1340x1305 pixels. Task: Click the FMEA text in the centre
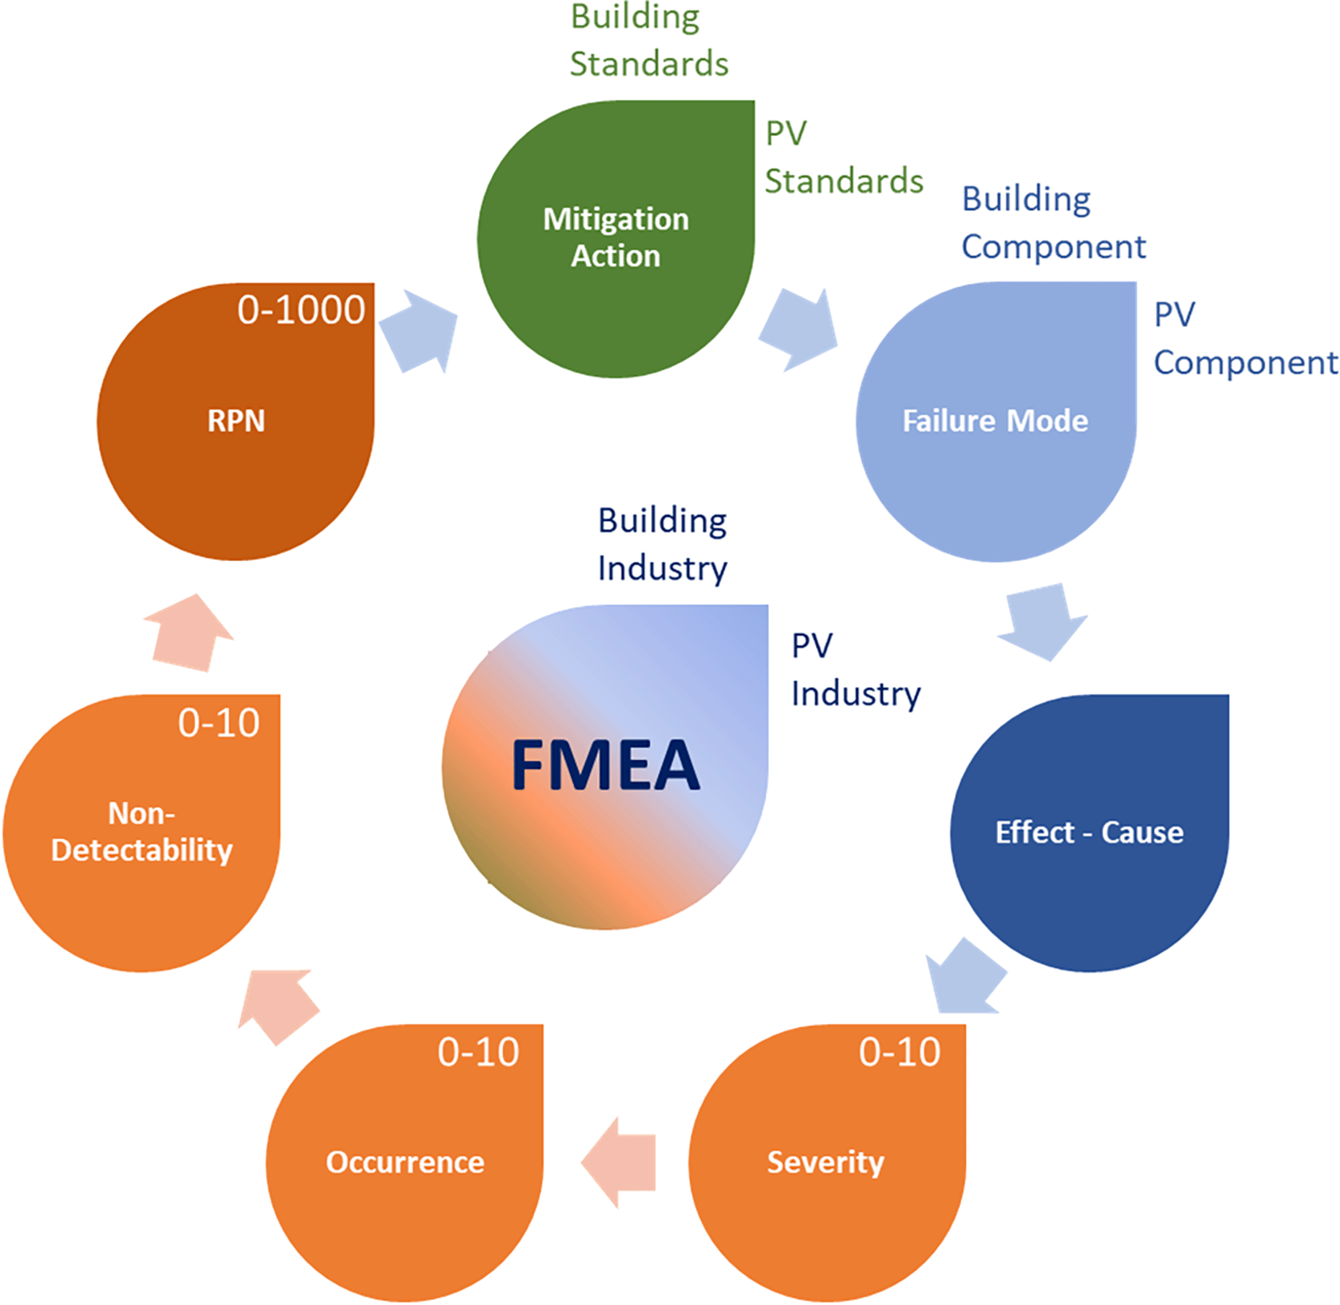point(605,765)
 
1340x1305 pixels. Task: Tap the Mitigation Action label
point(616,237)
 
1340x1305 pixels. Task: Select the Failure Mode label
point(995,420)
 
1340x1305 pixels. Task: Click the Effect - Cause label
point(1089,832)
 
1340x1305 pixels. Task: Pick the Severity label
point(826,1163)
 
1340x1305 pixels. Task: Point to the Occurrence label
point(405,1163)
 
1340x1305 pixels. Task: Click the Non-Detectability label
point(142,832)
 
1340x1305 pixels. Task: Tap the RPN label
point(236,420)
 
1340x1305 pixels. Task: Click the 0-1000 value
point(301,310)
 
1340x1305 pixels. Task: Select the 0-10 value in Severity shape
point(899,1052)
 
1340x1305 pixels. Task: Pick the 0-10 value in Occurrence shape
point(478,1052)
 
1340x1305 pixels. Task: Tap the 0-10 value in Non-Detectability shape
point(219,723)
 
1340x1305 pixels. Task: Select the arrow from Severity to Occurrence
point(618,1163)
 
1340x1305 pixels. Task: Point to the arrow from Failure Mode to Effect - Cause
point(1043,622)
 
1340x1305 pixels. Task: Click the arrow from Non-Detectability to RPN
point(189,633)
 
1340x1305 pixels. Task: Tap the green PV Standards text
point(843,157)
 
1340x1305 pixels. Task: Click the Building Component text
point(1053,223)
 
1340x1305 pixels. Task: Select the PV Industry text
point(856,670)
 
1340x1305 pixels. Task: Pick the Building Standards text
point(649,40)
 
